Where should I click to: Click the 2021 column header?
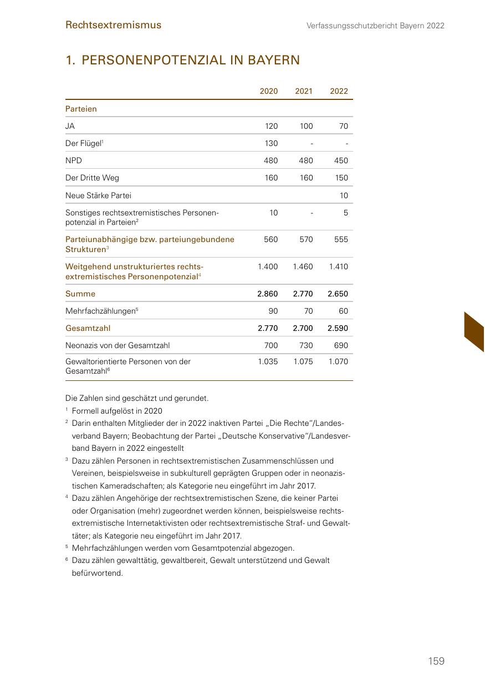point(304,91)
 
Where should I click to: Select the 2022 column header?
point(339,91)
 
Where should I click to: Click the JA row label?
point(70,126)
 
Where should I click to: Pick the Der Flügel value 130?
point(271,143)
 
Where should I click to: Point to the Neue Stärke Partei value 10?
point(344,195)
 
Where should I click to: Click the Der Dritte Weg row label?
point(92,178)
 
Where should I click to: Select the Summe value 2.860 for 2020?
point(268,294)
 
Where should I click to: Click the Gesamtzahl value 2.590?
point(338,328)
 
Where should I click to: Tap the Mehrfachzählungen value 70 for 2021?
point(308,311)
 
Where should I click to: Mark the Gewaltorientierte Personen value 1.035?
point(268,361)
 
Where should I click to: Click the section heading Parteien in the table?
point(81,109)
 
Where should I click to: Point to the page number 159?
point(436,661)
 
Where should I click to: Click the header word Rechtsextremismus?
point(113,25)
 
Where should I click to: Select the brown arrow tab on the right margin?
point(474,331)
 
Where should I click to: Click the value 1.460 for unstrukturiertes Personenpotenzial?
point(303,266)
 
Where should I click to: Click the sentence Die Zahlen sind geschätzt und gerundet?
point(137,398)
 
